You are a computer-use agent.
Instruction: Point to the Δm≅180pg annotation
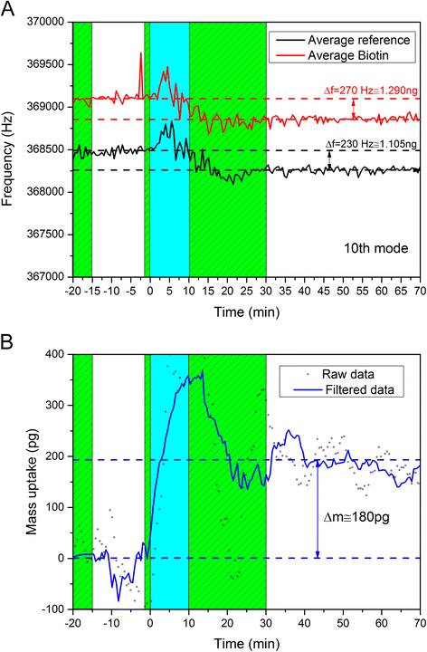361,518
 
